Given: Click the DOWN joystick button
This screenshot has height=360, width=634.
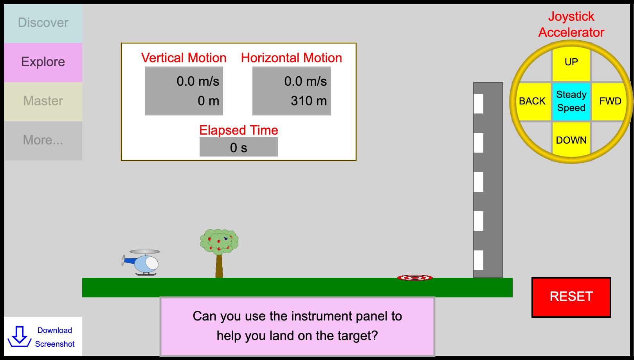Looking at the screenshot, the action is pyautogui.click(x=571, y=140).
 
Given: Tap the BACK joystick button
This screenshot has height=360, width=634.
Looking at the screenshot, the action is pyautogui.click(x=533, y=101).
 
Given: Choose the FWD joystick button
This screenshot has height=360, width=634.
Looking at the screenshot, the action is pyautogui.click(x=610, y=101).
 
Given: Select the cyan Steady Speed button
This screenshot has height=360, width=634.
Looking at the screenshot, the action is pyautogui.click(x=571, y=101).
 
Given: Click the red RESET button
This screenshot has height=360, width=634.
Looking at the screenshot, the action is pyautogui.click(x=571, y=297).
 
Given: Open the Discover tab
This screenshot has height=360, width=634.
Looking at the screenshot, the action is pyautogui.click(x=43, y=23).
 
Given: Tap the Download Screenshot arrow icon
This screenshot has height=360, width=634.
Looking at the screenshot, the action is pyautogui.click(x=20, y=337).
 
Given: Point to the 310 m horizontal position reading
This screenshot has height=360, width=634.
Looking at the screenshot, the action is pyautogui.click(x=309, y=101).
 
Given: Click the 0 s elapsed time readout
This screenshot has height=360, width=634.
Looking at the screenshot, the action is pyautogui.click(x=239, y=148).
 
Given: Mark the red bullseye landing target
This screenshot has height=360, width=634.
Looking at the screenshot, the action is pyautogui.click(x=415, y=278).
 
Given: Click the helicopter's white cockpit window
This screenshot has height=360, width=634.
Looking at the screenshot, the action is pyautogui.click(x=152, y=263).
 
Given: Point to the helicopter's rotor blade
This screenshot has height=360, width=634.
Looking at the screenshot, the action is pyautogui.click(x=145, y=252).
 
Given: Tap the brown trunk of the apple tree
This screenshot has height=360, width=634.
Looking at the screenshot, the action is pyautogui.click(x=219, y=266).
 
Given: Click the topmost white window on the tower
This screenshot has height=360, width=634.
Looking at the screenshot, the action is pyautogui.click(x=479, y=104).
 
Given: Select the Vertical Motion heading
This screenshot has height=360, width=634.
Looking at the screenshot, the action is pyautogui.click(x=184, y=58).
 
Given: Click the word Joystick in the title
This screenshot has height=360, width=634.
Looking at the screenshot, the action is pyautogui.click(x=571, y=17).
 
